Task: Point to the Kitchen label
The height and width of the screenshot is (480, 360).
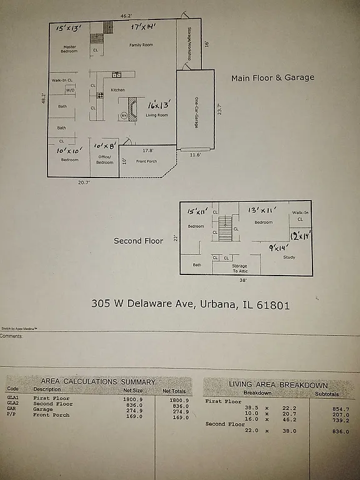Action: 117,90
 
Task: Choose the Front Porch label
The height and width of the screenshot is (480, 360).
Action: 146,161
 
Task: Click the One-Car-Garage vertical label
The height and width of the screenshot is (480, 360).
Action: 196,113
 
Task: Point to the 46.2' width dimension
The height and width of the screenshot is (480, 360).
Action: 126,15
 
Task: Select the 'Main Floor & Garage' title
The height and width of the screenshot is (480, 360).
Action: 272,78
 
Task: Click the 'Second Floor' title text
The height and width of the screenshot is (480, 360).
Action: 138,241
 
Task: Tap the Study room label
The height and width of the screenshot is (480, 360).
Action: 288,257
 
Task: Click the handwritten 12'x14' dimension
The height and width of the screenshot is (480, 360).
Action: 301,236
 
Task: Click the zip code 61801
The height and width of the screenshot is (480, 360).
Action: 272,305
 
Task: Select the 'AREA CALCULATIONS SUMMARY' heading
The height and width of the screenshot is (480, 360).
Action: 97,381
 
